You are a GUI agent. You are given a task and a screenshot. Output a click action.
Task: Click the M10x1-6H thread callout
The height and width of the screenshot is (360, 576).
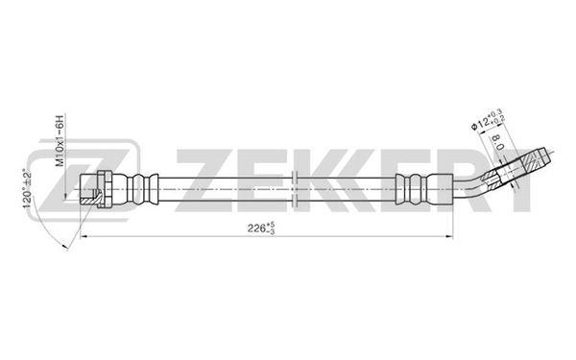(x=60, y=141)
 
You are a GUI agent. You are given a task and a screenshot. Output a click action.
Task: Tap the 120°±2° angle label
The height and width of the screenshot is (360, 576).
(x=27, y=188)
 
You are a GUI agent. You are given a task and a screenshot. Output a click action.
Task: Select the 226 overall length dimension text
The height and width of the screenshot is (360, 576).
(x=261, y=228)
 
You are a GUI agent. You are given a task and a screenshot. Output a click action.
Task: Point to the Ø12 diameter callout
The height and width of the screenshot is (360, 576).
(x=489, y=119)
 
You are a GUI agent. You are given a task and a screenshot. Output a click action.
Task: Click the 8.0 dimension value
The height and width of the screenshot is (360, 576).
(x=497, y=142)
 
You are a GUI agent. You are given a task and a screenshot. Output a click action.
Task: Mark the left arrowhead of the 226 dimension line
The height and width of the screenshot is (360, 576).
(x=83, y=236)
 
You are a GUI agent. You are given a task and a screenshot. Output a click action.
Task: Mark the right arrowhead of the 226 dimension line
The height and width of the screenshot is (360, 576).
(x=449, y=236)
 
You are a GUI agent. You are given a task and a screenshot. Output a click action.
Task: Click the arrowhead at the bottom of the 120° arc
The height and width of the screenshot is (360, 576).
(x=65, y=247)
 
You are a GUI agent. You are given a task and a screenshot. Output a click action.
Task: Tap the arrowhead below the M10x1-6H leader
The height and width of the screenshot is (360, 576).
(x=65, y=196)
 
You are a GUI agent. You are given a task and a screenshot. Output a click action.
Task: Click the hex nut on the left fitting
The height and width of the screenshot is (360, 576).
(x=104, y=189)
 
